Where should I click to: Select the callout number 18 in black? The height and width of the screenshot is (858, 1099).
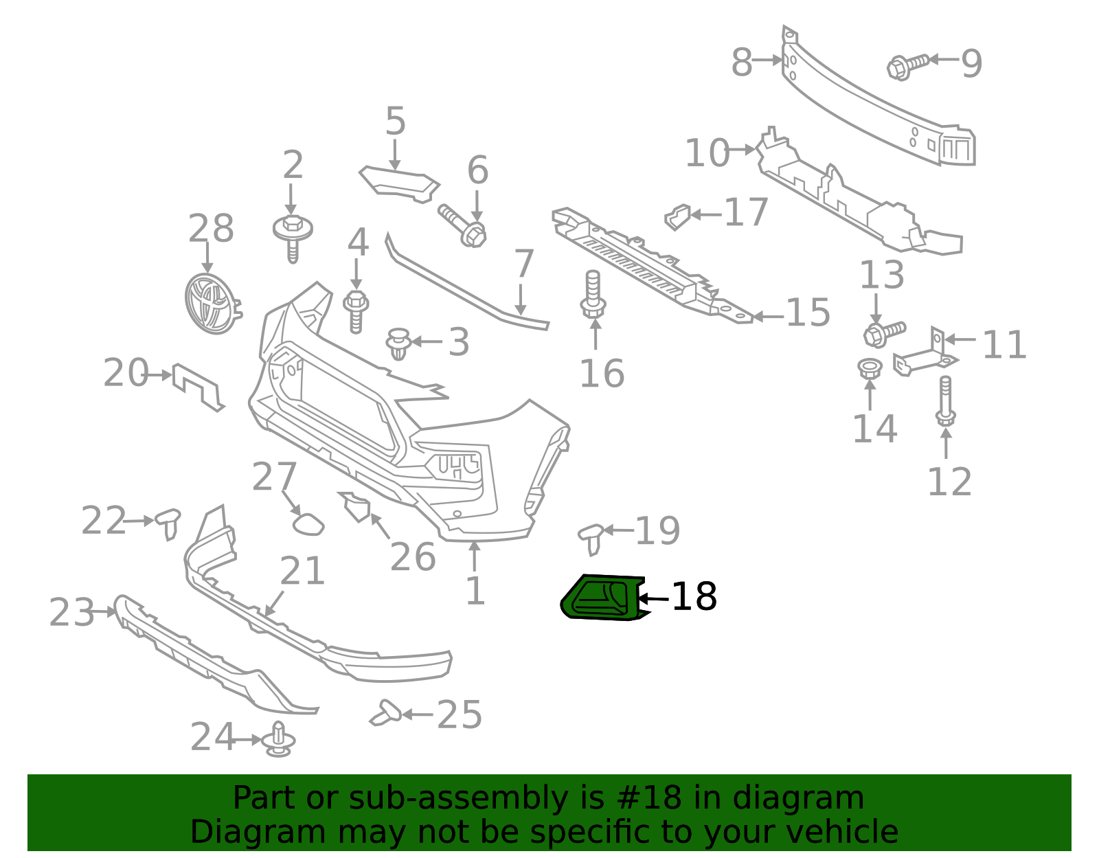point(694,596)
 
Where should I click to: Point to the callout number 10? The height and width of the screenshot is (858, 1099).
point(707,153)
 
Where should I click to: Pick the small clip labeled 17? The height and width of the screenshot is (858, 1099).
point(677,216)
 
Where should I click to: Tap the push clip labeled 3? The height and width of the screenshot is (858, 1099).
point(398,343)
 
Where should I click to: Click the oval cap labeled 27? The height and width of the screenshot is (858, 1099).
point(308,524)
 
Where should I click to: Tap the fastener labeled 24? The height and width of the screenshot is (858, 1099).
point(278,741)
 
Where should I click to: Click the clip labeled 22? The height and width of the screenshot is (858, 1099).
point(168,523)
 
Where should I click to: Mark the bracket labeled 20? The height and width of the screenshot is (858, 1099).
point(198,387)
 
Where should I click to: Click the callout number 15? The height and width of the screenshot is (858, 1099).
point(808,313)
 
